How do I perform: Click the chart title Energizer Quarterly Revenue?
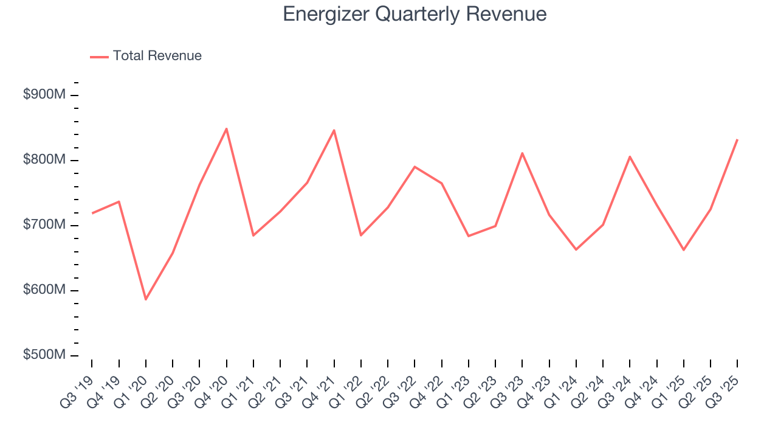tap(415, 15)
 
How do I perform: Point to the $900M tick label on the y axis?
tap(44, 95)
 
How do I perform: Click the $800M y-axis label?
tap(44, 160)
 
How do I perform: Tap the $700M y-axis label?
tap(44, 225)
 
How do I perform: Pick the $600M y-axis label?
tap(44, 290)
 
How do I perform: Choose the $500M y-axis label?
tap(44, 355)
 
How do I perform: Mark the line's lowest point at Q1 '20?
tap(146, 299)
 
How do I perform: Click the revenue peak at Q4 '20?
tap(226, 128)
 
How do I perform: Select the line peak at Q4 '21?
tap(334, 130)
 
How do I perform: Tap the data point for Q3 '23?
tap(522, 153)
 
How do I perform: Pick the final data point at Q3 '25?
tap(737, 139)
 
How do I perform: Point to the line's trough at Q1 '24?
tap(576, 249)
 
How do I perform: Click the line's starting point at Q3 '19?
tap(92, 213)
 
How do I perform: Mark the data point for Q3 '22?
tap(415, 166)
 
